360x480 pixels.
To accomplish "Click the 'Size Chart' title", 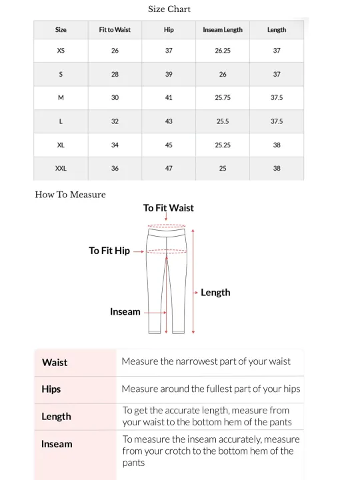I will pyautogui.click(x=169, y=9).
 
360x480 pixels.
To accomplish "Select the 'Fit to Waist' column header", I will pyautogui.click(x=115, y=30).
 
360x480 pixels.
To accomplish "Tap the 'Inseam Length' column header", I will pyautogui.click(x=223, y=30).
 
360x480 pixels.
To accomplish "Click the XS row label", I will pyautogui.click(x=61, y=51).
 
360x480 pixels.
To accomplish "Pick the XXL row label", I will pyautogui.click(x=61, y=169).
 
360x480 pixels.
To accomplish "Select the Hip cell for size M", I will pyautogui.click(x=169, y=98).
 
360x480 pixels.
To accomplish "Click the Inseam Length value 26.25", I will pyautogui.click(x=223, y=51).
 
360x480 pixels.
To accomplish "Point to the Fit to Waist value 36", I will pyautogui.click(x=115, y=169).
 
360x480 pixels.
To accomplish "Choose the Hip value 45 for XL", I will pyautogui.click(x=169, y=145).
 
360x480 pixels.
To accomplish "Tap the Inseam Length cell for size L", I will pyautogui.click(x=223, y=122).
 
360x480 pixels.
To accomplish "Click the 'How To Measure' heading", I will pyautogui.click(x=70, y=195).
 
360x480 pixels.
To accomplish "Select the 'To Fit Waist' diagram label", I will pyautogui.click(x=168, y=208).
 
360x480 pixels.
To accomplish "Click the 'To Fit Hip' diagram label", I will pyautogui.click(x=109, y=251).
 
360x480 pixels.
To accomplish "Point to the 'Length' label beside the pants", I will pyautogui.click(x=215, y=293).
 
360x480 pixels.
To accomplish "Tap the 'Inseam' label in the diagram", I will pyautogui.click(x=125, y=312).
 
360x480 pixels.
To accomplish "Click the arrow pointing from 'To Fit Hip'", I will pyautogui.click(x=139, y=252).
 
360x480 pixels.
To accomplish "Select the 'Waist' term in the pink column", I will pyautogui.click(x=55, y=363).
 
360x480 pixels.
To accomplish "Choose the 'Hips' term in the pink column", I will pyautogui.click(x=51, y=389).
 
